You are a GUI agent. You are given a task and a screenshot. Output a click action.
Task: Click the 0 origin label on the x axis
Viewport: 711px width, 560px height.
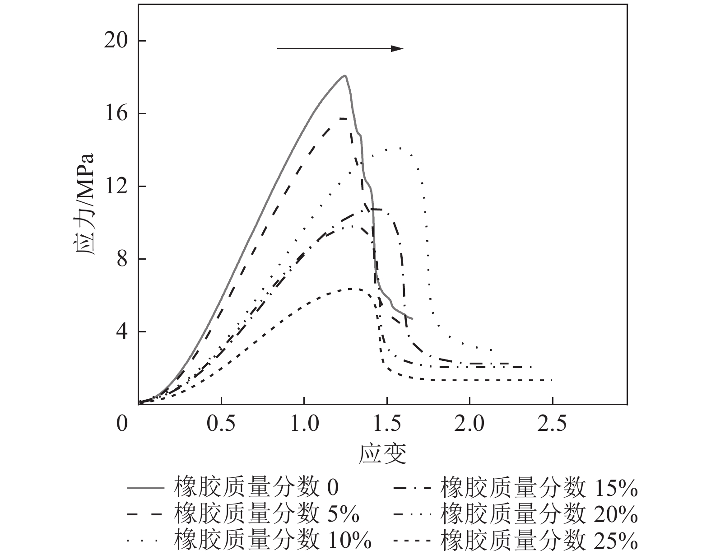(122, 425)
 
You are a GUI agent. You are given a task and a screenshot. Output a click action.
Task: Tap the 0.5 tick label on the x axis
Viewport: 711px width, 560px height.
(221, 425)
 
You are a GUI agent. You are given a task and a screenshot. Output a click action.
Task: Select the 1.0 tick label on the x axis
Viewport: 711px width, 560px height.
(304, 425)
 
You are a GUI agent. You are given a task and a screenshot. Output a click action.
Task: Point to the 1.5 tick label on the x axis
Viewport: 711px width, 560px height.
(387, 425)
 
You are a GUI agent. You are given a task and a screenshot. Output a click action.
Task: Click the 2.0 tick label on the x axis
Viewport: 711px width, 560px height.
(469, 425)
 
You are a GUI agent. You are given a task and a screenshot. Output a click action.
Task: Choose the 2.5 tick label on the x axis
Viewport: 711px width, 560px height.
(553, 425)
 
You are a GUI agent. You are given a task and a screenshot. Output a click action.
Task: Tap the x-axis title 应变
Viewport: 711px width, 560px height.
(383, 454)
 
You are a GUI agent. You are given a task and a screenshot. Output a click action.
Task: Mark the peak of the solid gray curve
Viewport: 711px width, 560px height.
(345, 75)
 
